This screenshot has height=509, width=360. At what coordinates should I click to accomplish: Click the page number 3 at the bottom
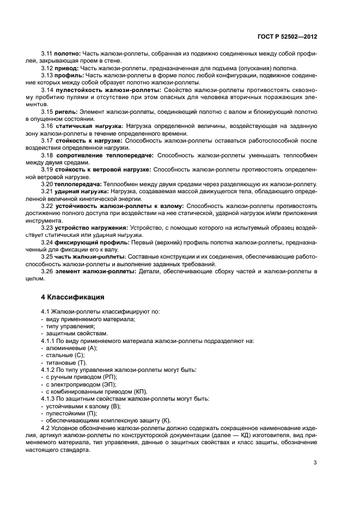click(x=315, y=463)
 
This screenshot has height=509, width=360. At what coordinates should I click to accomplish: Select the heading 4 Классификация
click(x=69, y=297)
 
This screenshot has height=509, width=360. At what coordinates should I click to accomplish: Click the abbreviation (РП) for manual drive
click(x=109, y=377)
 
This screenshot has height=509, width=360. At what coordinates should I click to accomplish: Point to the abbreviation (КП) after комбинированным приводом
click(x=140, y=391)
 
